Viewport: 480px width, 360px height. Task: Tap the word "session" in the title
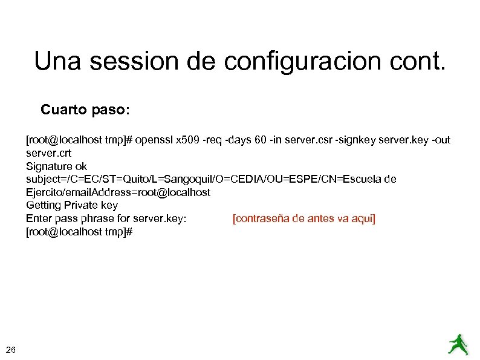point(136,61)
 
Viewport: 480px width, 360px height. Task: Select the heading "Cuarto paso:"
point(85,110)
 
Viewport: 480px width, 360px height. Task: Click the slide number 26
point(11,349)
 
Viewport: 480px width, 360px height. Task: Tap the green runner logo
point(458,344)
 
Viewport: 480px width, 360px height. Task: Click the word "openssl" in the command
point(154,140)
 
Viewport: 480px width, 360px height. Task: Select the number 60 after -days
point(261,140)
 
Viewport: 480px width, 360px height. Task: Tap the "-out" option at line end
point(439,140)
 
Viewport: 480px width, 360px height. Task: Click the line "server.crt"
point(48,153)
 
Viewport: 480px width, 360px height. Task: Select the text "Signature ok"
point(56,166)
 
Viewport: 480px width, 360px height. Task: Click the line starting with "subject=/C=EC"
point(211,179)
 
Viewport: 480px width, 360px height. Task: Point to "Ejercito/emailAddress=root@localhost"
point(118,192)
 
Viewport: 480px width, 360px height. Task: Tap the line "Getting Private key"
point(72,205)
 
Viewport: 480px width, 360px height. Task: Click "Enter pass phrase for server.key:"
point(106,218)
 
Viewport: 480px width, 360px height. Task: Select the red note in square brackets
point(303,218)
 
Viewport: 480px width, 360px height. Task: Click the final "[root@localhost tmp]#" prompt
point(79,231)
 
